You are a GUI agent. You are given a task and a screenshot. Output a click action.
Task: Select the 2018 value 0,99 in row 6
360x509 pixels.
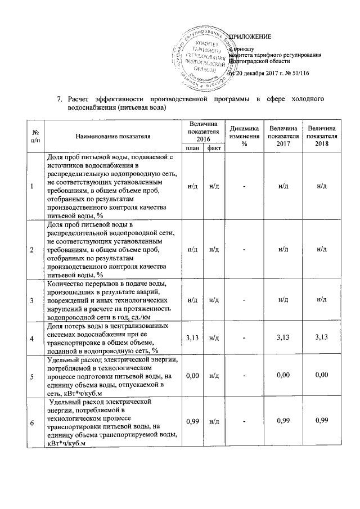point(322,421)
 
